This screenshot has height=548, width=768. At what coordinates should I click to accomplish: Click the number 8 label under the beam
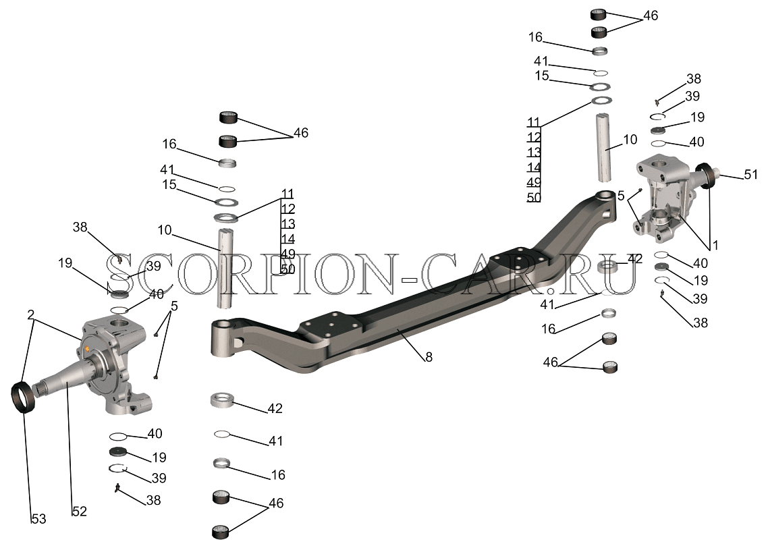pyautogui.click(x=429, y=358)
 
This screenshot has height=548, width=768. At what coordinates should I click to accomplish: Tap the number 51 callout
pyautogui.click(x=750, y=174)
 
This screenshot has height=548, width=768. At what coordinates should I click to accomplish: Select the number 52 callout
pyautogui.click(x=80, y=512)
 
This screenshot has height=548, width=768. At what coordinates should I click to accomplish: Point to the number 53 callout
pyautogui.click(x=38, y=518)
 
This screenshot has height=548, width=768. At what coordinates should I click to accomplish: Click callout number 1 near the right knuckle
pyautogui.click(x=715, y=246)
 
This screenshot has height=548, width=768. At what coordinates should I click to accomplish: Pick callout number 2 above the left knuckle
pyautogui.click(x=30, y=315)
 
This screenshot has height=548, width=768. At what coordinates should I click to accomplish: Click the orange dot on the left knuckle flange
pyautogui.click(x=86, y=349)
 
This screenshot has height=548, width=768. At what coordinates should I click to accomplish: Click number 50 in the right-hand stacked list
pyautogui.click(x=534, y=197)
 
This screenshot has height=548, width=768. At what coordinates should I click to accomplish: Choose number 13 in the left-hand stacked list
pyautogui.click(x=288, y=224)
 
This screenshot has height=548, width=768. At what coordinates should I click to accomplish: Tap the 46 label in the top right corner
pyautogui.click(x=651, y=16)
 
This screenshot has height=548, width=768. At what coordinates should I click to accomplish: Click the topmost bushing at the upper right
pyautogui.click(x=599, y=14)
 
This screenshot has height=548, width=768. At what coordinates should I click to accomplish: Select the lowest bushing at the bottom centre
pyautogui.click(x=221, y=532)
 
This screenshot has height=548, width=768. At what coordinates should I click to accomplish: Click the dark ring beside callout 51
pyautogui.click(x=704, y=175)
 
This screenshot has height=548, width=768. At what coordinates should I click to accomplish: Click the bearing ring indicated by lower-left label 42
pyautogui.click(x=221, y=400)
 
